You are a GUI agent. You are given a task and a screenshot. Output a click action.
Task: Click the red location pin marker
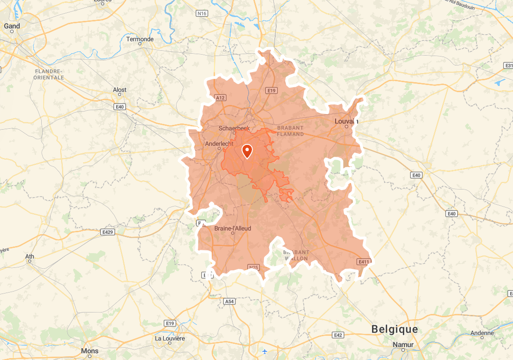[247, 151]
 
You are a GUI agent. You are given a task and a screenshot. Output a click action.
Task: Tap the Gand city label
[12, 26]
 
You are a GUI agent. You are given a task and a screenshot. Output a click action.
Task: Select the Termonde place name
[140, 39]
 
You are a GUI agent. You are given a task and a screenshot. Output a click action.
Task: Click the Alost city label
[120, 90]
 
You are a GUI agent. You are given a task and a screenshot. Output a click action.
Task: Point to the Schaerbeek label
[234, 128]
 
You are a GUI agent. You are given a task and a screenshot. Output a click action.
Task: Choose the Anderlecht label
[219, 144]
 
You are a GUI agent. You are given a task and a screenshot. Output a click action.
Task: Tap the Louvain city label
[346, 121]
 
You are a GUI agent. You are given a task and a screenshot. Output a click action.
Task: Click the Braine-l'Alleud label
[233, 228]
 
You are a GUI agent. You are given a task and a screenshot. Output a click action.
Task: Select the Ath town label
[29, 256]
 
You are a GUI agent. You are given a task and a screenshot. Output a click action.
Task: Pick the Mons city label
[90, 351]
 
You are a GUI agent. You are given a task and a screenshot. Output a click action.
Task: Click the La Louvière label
[169, 338]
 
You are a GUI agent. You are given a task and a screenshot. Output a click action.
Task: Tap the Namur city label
[403, 344]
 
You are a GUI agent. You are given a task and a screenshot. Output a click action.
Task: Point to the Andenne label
[482, 333]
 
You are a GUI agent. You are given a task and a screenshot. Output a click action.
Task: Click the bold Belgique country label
[395, 329]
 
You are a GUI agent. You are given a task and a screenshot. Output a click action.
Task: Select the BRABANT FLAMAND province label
[290, 131]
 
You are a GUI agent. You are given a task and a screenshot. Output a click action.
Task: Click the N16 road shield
[202, 13]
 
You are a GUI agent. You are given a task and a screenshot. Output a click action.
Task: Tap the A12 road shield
[220, 98]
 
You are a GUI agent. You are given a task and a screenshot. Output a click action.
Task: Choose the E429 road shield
[108, 232]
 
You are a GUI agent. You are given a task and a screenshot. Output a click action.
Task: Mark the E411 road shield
[364, 262]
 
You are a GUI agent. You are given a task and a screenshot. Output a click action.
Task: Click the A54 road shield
[229, 301]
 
